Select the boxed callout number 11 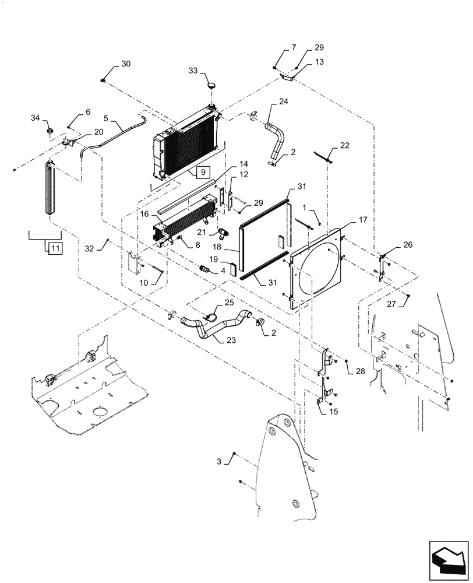[54, 248]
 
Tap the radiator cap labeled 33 [211, 85]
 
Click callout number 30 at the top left [126, 64]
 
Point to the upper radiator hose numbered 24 [277, 140]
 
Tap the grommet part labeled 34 [50, 129]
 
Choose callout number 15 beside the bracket [333, 412]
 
